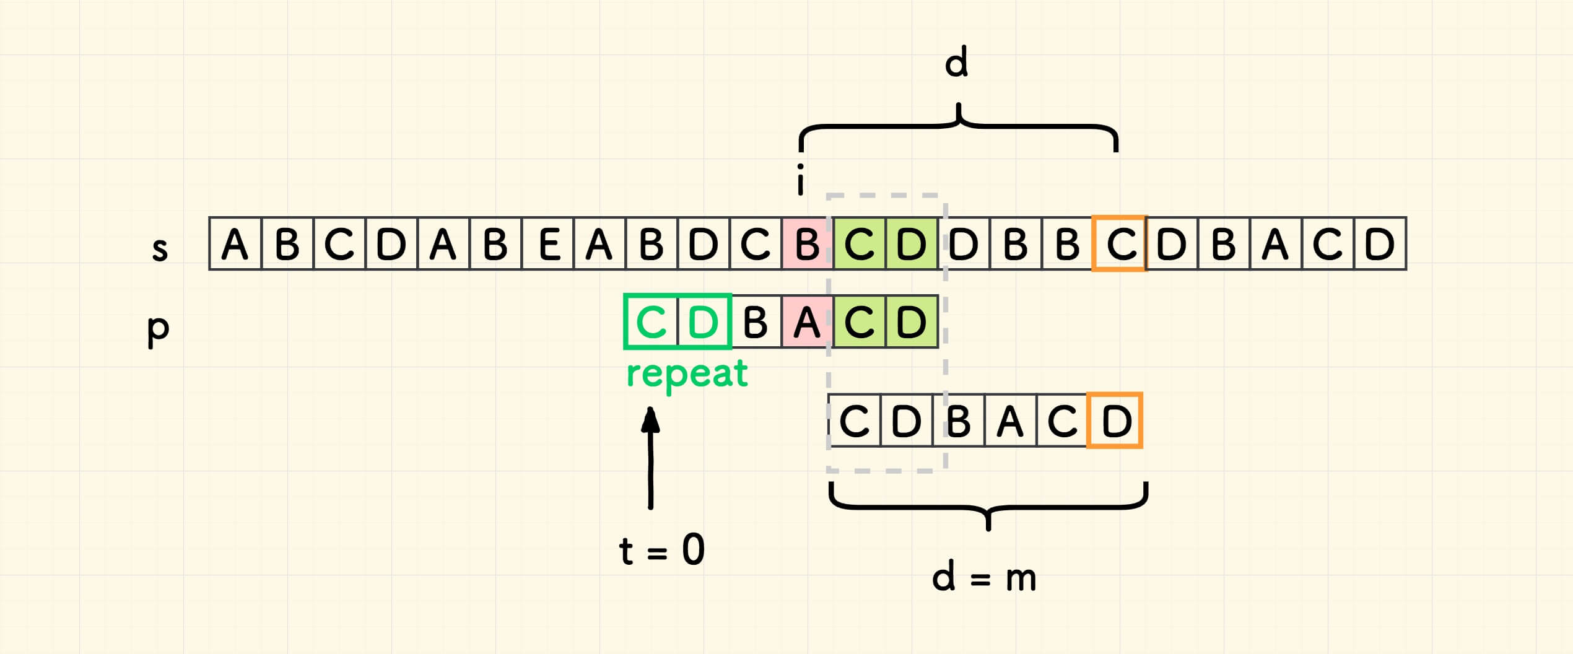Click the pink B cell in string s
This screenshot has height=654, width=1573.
tap(807, 243)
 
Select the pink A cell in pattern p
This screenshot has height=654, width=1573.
tap(807, 322)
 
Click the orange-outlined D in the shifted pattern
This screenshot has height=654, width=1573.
tap(1115, 421)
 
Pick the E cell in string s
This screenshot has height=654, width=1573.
tap(549, 243)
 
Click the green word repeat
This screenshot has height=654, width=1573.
tap(687, 374)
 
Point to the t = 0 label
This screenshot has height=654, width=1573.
tap(661, 550)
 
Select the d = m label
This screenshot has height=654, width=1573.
tap(983, 578)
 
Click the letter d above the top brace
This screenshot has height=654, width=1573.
tap(956, 64)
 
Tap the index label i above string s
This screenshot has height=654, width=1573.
tap(801, 180)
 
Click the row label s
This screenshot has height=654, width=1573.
tap(160, 249)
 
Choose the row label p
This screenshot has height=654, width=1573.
tap(158, 329)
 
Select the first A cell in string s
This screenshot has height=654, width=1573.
tap(235, 243)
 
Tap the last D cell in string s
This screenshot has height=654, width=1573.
tap(1380, 243)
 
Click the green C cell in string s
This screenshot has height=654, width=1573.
tap(860, 243)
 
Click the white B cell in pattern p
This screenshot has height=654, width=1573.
tap(755, 322)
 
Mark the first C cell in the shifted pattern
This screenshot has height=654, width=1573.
tap(855, 421)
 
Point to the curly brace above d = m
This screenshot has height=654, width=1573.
tap(988, 507)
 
